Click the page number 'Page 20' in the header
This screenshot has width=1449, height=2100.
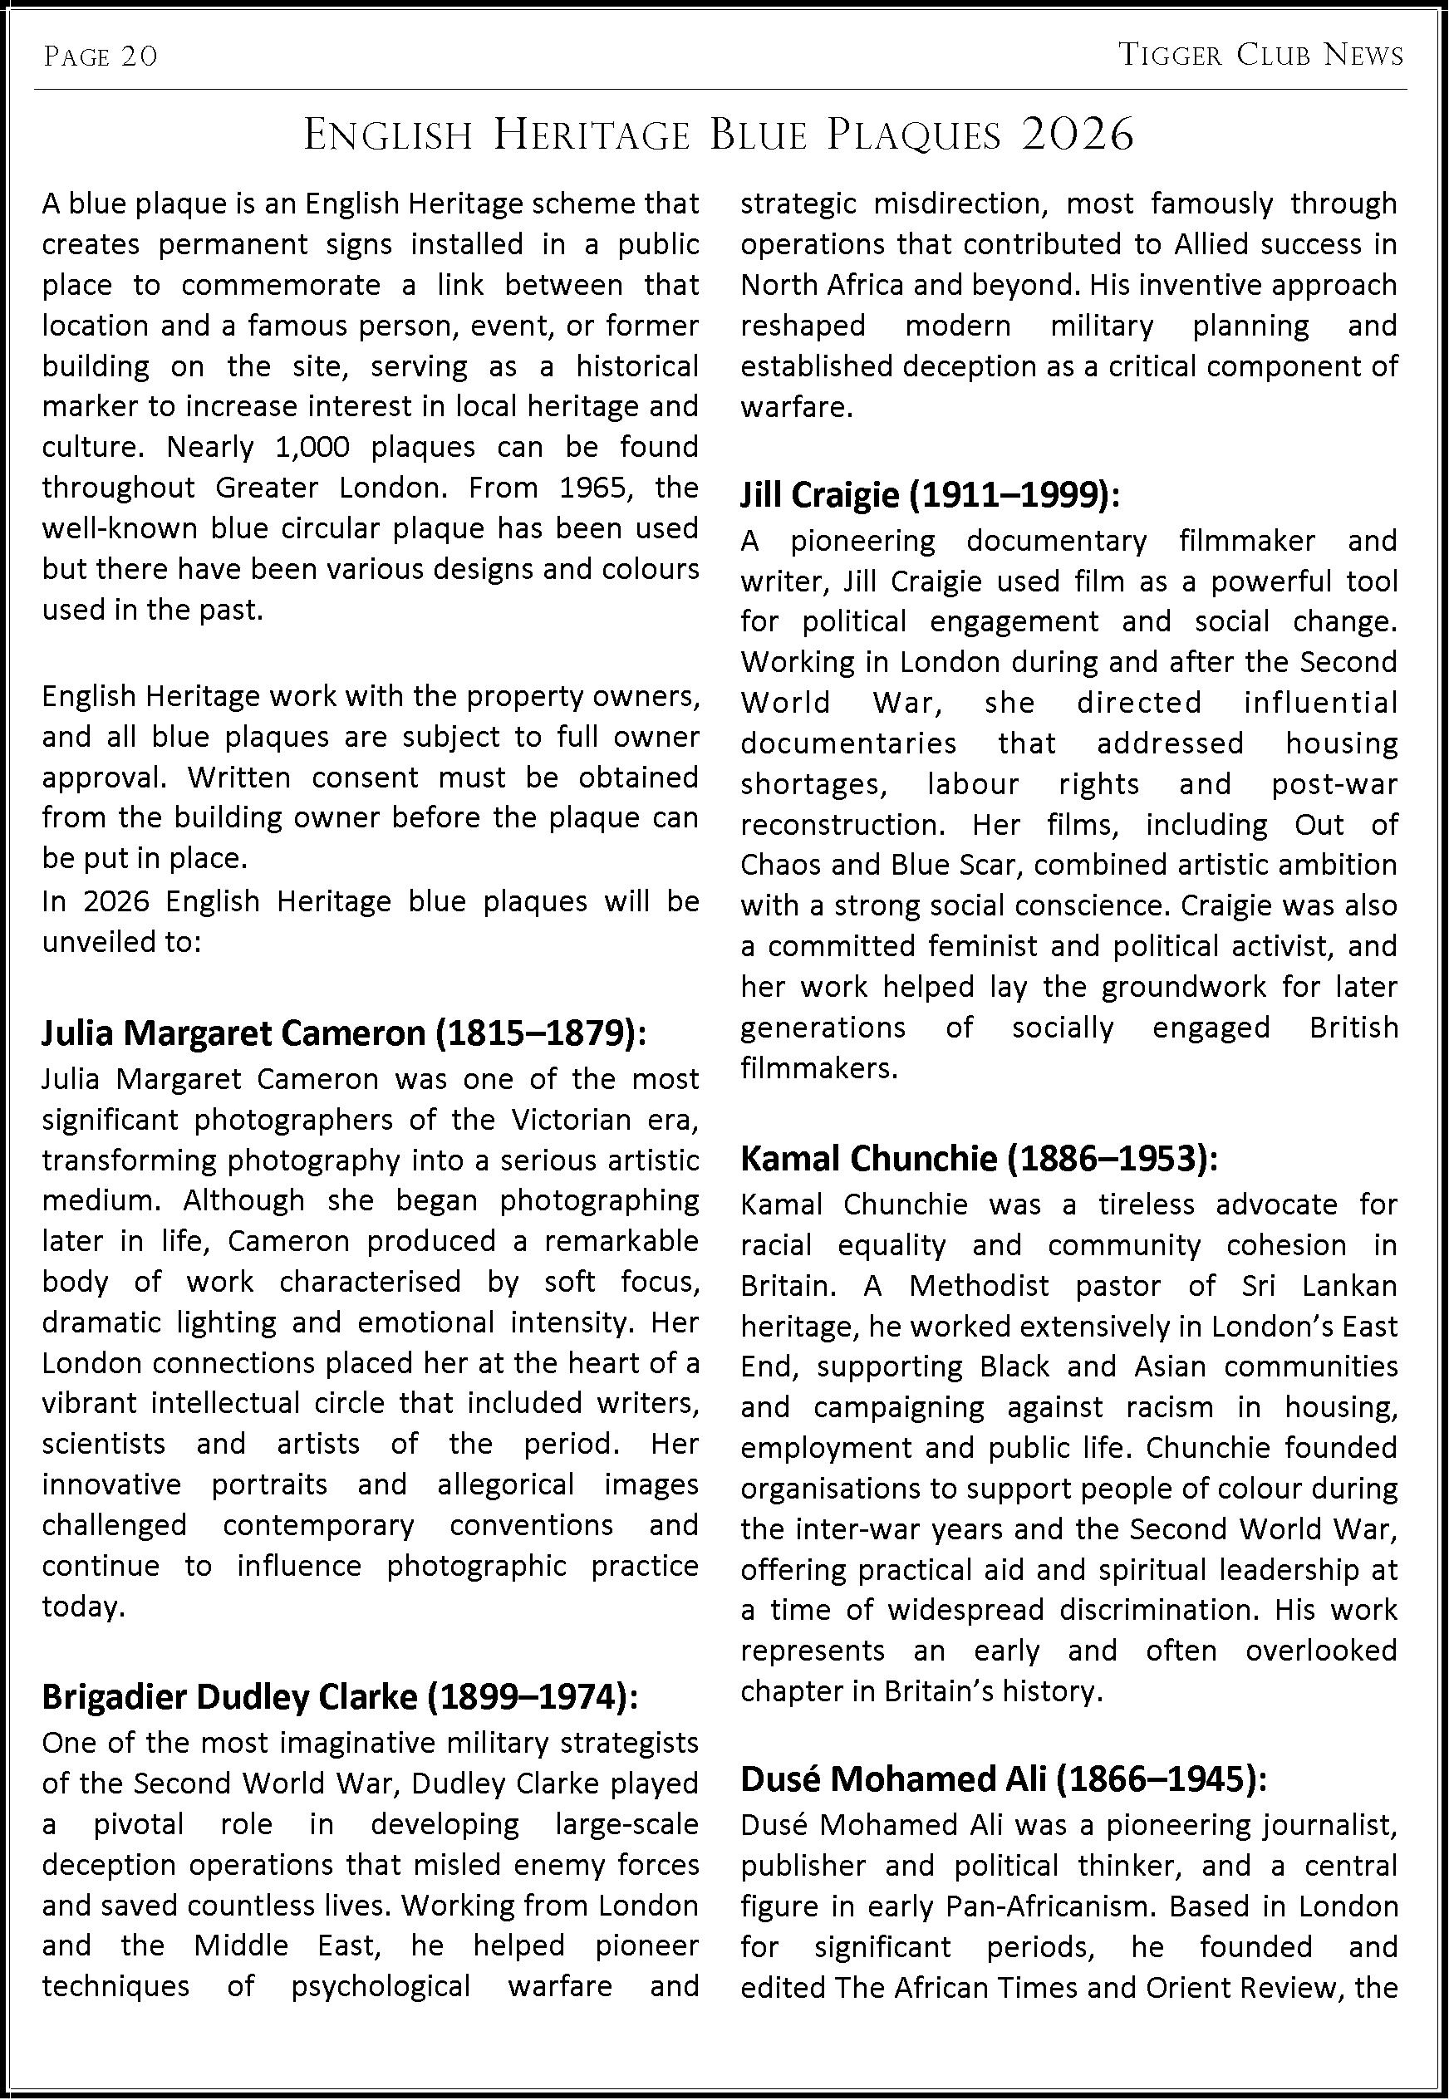pyautogui.click(x=101, y=57)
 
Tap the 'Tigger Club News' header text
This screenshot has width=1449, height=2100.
pyautogui.click(x=1260, y=56)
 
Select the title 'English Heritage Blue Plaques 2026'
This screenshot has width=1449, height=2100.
pyautogui.click(x=718, y=136)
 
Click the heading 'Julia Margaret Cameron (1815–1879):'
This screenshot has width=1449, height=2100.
pyautogui.click(x=344, y=1033)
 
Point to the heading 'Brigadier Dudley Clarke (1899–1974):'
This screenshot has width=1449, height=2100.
pyautogui.click(x=341, y=1696)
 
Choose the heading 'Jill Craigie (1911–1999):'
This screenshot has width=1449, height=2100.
pyautogui.click(x=931, y=495)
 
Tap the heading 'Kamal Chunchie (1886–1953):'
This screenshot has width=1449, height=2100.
pyautogui.click(x=979, y=1159)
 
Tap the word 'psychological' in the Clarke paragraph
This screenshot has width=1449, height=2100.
pyautogui.click(x=381, y=1986)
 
